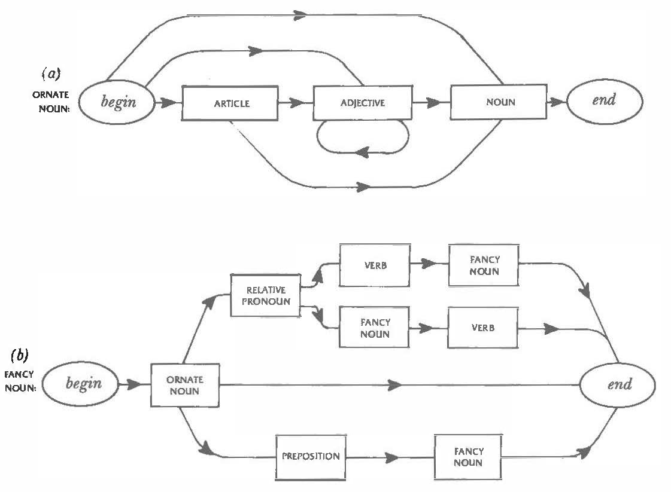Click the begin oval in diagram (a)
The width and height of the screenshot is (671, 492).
point(119,101)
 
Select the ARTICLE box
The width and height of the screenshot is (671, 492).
point(231,103)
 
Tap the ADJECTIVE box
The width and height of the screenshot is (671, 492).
point(363,103)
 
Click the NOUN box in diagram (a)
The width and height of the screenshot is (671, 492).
point(500,102)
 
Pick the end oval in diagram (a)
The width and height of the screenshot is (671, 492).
point(604,100)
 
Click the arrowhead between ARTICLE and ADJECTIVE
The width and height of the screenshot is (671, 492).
point(296,103)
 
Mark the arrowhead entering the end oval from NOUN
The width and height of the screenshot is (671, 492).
point(557,102)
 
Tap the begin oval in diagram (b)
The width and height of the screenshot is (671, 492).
point(83,384)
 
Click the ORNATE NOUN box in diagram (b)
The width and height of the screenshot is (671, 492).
point(185,385)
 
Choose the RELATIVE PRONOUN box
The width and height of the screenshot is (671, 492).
point(265,296)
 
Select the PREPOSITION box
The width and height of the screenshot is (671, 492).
point(311,456)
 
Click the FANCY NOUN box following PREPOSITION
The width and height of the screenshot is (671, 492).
point(467,457)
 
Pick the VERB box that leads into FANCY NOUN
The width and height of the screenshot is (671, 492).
point(375,265)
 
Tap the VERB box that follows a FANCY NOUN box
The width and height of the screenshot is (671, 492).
point(482,328)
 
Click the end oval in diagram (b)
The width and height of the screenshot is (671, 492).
point(619,384)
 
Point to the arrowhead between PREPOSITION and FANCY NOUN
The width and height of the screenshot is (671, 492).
point(393,458)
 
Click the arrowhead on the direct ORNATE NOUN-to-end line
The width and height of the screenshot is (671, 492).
point(395,385)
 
